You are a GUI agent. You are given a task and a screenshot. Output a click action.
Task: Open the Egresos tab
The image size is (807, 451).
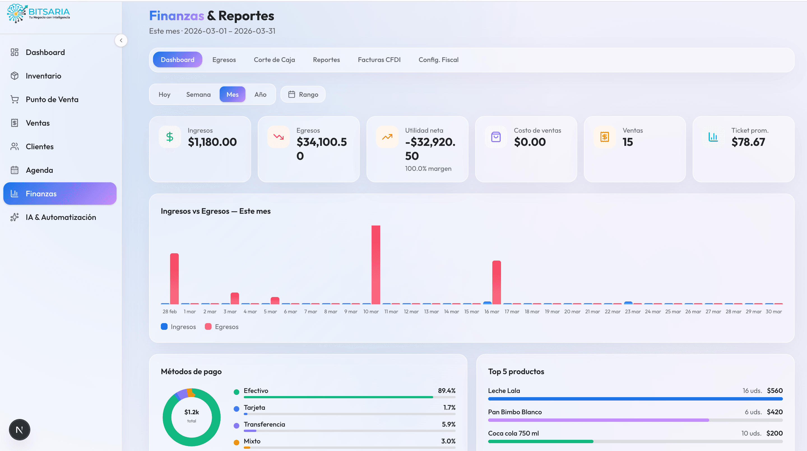224,59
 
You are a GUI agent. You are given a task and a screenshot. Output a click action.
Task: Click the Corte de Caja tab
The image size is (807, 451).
274,59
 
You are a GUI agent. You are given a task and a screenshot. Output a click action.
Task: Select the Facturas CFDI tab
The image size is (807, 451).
379,59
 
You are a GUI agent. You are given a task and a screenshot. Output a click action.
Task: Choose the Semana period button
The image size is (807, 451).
198,95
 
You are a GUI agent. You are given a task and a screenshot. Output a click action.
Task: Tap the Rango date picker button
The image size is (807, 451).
303,95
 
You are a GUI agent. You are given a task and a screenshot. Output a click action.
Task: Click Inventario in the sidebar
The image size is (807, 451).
43,76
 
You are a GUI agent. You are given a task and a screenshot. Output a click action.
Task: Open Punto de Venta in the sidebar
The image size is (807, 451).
52,99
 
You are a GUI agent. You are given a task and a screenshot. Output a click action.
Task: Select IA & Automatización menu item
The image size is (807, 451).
61,217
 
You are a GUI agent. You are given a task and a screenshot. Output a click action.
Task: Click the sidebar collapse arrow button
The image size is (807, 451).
121,40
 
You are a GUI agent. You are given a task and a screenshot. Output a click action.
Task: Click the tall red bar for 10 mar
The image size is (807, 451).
375,265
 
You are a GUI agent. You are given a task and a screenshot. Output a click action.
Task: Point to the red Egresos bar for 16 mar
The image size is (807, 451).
496,282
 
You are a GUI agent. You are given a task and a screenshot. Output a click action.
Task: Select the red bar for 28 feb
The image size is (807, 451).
174,279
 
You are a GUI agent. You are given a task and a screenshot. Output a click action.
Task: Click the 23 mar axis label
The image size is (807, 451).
632,311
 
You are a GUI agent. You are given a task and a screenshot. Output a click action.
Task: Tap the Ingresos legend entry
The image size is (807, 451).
178,327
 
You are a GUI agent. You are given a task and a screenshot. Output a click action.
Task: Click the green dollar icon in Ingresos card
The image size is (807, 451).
170,137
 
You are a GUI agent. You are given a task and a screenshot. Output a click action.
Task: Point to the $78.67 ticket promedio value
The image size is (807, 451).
748,142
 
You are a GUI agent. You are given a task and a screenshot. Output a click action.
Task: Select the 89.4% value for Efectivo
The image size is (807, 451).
446,391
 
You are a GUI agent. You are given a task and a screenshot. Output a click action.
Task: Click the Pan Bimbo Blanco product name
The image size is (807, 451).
514,412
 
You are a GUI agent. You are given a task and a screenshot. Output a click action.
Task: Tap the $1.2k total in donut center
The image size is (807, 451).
191,412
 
